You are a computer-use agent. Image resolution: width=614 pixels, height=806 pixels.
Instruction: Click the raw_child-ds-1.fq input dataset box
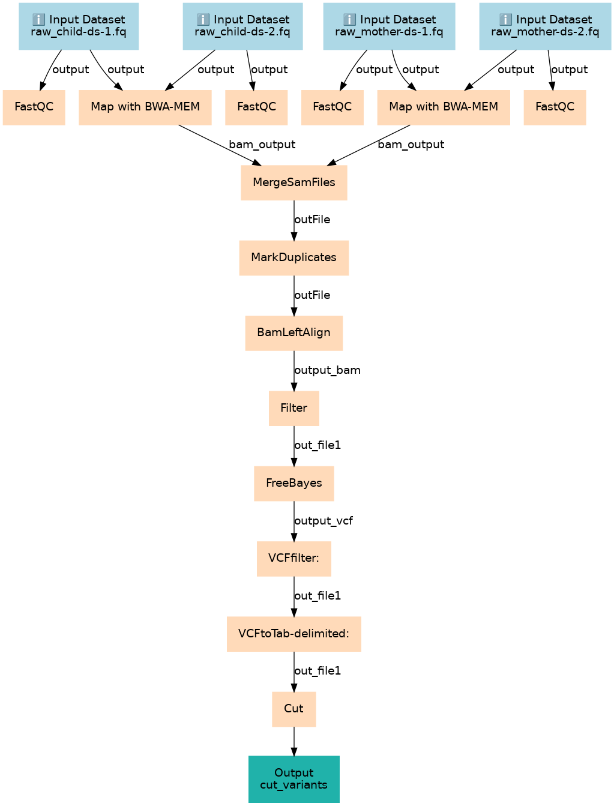coord(79,26)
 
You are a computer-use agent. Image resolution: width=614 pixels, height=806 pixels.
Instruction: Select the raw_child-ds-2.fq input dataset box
coord(242,26)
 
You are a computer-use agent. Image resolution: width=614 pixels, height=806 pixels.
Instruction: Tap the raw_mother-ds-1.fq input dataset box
coord(389,26)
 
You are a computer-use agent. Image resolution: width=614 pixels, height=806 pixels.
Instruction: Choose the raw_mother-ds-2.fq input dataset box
coord(545,26)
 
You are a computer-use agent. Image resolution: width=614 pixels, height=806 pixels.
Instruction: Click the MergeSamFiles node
coord(293,182)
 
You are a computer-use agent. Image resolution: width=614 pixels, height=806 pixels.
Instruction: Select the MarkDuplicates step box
coord(293,258)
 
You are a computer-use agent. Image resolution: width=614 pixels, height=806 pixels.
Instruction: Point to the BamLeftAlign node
coord(293,333)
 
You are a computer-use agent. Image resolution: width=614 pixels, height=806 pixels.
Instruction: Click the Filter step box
coord(293,408)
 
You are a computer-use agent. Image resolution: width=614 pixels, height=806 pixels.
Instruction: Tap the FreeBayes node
coord(293,484)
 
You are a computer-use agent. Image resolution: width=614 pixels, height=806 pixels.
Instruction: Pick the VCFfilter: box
coord(293,559)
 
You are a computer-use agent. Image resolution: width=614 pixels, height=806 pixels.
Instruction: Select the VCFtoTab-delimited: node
coord(293,634)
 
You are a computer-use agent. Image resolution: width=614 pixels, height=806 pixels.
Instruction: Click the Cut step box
coord(293,709)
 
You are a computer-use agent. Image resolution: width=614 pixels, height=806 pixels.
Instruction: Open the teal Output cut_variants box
coord(293,779)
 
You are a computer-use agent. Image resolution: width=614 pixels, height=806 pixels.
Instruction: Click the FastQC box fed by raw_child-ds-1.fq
coord(34,107)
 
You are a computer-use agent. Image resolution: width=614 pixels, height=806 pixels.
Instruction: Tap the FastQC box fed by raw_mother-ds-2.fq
coord(555,107)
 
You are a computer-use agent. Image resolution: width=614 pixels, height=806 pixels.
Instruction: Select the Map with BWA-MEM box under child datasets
coord(145,107)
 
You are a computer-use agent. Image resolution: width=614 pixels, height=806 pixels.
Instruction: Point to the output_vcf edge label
coord(324,521)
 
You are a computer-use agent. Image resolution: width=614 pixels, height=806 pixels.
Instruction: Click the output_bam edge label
coord(327,370)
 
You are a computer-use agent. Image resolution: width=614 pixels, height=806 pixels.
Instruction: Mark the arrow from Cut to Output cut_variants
coord(293,741)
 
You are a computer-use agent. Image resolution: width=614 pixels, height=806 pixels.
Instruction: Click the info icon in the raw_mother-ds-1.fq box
coord(349,19)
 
